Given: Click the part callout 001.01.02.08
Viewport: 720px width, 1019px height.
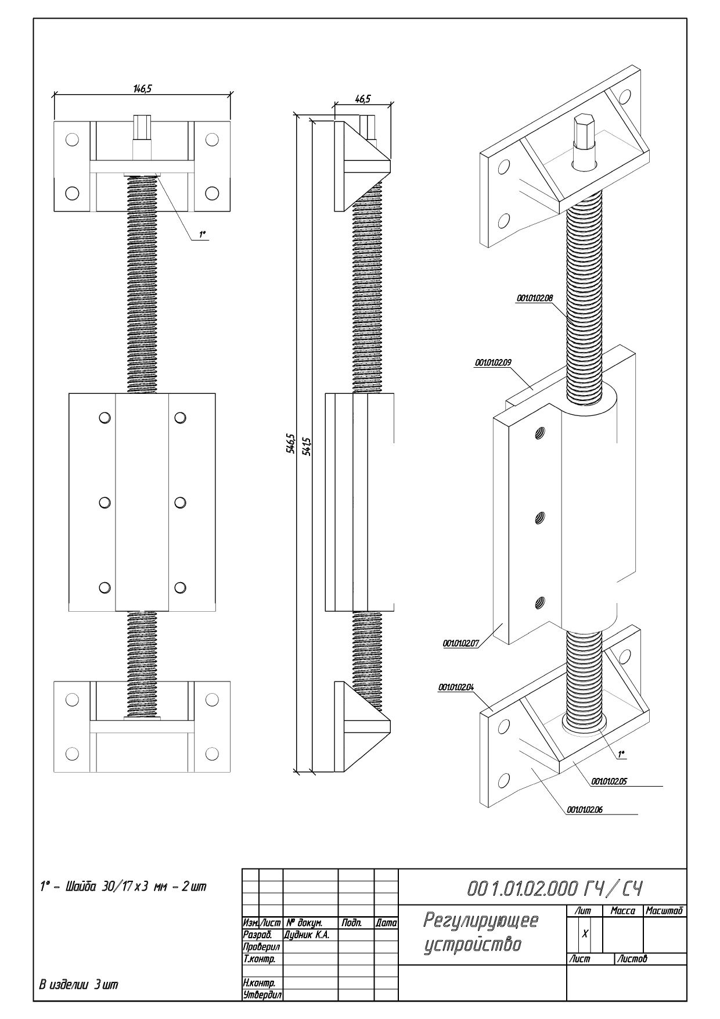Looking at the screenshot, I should tap(534, 298).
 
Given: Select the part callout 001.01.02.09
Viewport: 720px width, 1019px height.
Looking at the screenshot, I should tap(492, 363).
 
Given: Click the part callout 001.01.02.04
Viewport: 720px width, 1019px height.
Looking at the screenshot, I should tap(456, 687).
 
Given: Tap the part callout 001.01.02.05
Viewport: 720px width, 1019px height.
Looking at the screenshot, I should tap(609, 781).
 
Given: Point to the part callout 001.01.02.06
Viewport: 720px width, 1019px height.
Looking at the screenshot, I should tap(584, 809).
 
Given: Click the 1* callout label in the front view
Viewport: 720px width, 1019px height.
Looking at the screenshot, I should tap(203, 235).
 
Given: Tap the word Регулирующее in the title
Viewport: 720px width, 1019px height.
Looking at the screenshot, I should tap(481, 920).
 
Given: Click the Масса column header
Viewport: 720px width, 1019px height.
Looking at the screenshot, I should tap(622, 912).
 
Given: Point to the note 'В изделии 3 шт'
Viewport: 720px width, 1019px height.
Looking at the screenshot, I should tap(78, 985).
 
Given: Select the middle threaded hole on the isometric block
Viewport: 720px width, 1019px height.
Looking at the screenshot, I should tap(539, 516).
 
